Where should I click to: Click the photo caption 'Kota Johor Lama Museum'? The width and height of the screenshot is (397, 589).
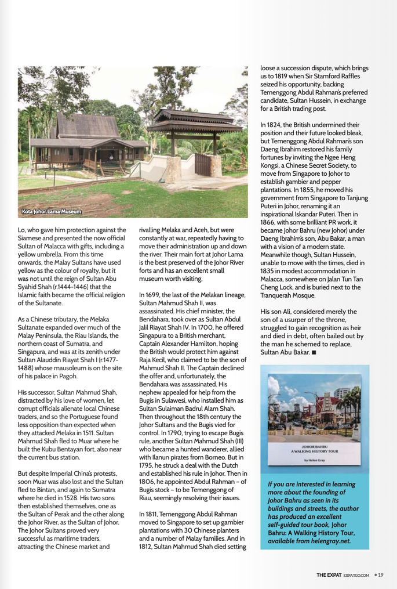(x=52, y=211)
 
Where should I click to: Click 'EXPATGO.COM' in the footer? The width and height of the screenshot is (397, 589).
(x=356, y=575)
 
